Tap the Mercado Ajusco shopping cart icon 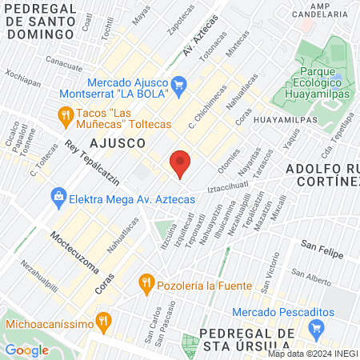179,82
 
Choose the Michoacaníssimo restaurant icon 102,322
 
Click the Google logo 26,350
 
